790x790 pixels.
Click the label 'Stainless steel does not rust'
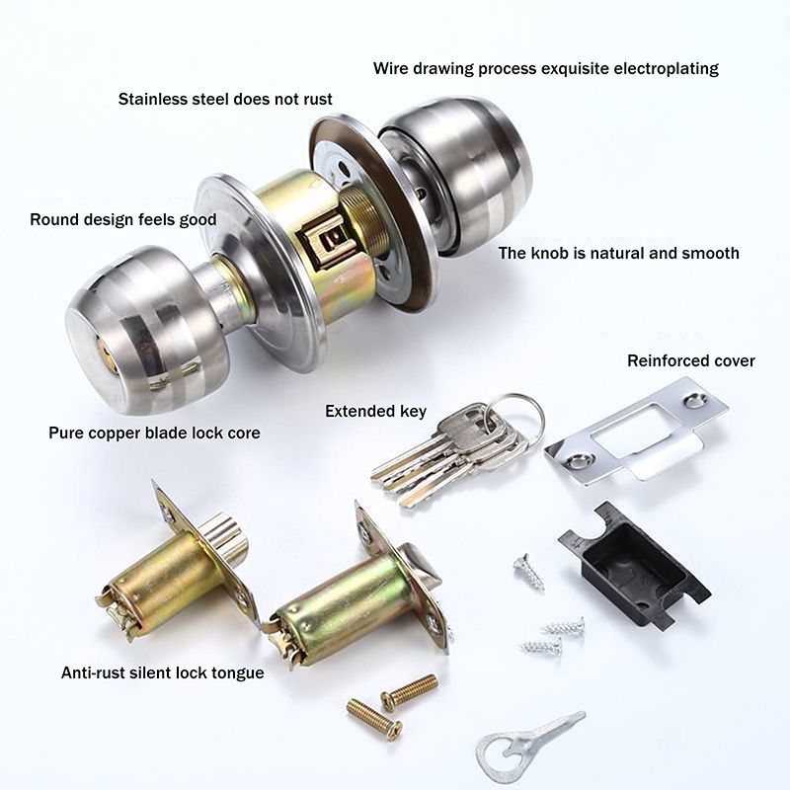coord(225,99)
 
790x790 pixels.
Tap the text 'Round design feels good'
coord(123,219)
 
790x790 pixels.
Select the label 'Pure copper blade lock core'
coord(155,433)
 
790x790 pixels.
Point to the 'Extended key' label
coord(376,411)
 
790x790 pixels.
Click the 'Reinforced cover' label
coord(691,360)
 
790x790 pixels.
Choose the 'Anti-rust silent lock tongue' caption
coord(163,672)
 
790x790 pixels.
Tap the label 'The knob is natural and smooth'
coord(619,253)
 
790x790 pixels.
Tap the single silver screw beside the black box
coord(529,572)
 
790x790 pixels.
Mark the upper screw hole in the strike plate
coord(696,400)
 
